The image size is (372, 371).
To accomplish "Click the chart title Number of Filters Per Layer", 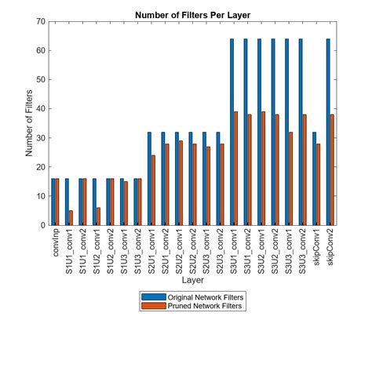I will click(193, 14).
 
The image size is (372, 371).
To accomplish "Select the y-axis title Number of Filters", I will click(30, 123).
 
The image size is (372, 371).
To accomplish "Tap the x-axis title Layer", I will click(193, 279).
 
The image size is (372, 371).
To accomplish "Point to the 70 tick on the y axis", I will click(40, 21).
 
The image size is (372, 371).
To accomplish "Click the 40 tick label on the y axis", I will click(40, 109).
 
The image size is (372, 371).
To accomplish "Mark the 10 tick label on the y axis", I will click(40, 196).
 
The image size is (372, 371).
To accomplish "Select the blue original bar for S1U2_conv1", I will click(94, 202).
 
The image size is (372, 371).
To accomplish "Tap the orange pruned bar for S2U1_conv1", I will click(153, 190).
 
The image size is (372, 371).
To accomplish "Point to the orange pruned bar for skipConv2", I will click(332, 169).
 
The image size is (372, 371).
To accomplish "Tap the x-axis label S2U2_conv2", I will click(193, 253).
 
